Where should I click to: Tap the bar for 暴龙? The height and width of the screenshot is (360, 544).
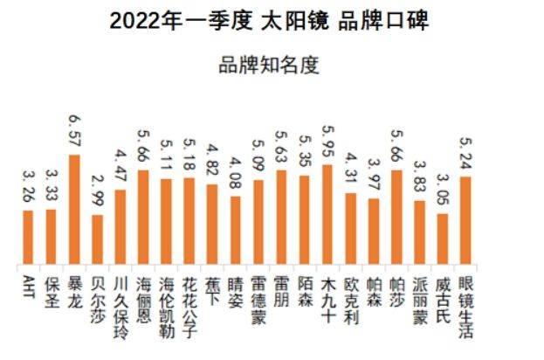click(x=74, y=210)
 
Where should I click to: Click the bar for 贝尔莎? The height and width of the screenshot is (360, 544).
click(x=97, y=240)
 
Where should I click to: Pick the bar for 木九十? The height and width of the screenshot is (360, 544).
click(x=327, y=215)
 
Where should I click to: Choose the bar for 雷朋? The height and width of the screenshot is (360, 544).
click(x=281, y=218)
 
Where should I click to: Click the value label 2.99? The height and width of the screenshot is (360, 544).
click(x=97, y=191)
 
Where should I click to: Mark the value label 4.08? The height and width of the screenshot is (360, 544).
click(x=235, y=173)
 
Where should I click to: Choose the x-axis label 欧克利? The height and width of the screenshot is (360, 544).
click(x=350, y=297)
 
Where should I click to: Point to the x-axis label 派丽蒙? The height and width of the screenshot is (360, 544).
click(x=419, y=297)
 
